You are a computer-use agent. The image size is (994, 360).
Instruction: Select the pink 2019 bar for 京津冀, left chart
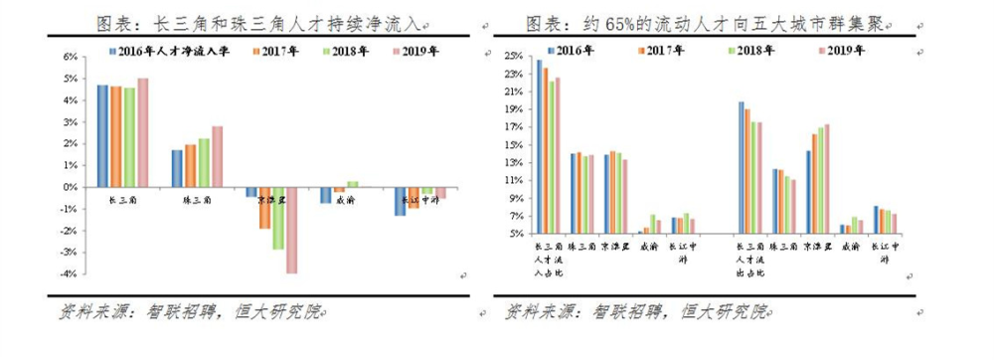tap(292, 230)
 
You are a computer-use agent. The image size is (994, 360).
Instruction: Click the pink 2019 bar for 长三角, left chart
tap(142, 132)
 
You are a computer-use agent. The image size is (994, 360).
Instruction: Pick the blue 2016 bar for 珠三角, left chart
tap(177, 168)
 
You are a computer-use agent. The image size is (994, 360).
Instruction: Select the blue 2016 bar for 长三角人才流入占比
tap(540, 146)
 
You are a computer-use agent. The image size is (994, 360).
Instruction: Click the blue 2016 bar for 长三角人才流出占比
tap(741, 167)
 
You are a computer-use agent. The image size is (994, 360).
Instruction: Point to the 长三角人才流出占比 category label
tap(752, 257)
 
